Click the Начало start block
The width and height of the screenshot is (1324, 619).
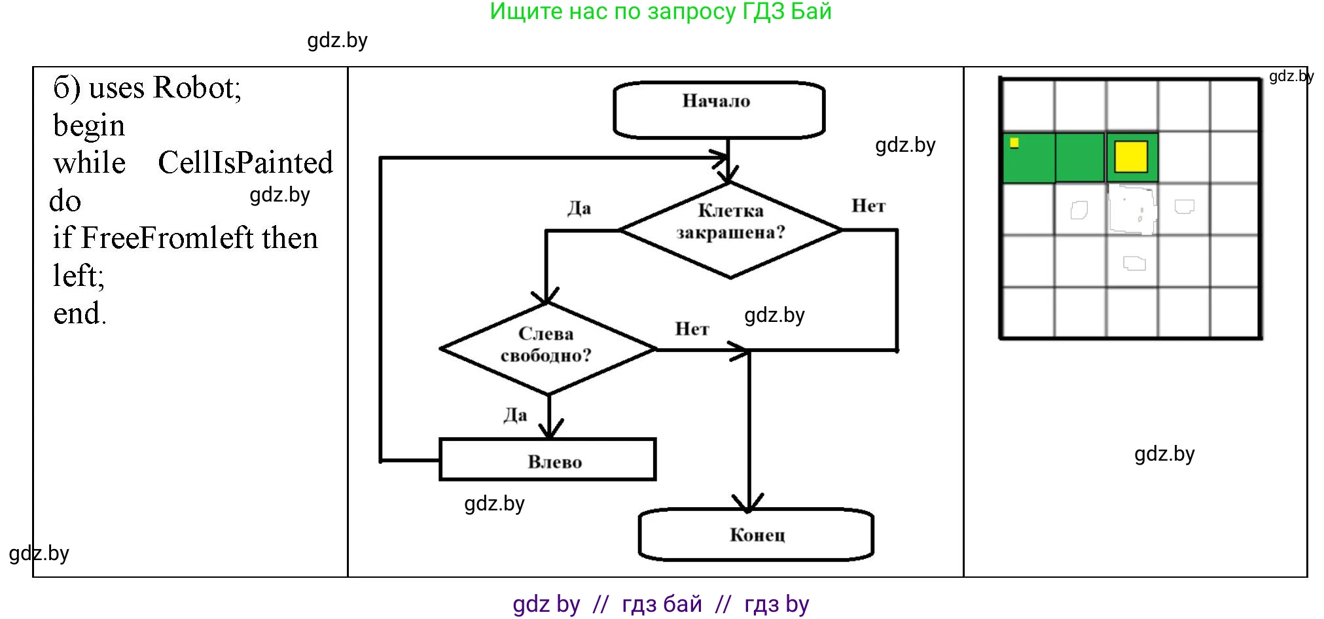tap(718, 109)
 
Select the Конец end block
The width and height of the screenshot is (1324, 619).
tap(756, 535)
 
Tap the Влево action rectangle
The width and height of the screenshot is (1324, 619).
tap(548, 460)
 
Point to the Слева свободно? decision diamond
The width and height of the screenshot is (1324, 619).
tap(548, 349)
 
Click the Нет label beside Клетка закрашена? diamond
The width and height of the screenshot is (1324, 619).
tap(868, 206)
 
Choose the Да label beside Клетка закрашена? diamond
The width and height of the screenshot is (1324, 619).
tap(579, 208)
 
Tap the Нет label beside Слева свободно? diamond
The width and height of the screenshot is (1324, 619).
tap(691, 328)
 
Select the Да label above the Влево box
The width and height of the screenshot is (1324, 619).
tap(515, 415)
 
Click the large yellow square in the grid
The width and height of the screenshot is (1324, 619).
tap(1131, 157)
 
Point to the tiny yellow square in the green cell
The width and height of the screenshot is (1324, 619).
tap(1014, 143)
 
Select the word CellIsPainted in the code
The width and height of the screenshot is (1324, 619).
tap(245, 162)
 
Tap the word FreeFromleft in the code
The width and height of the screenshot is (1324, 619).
tap(167, 238)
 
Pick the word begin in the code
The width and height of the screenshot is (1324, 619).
tap(88, 126)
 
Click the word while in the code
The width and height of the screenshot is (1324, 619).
tap(89, 163)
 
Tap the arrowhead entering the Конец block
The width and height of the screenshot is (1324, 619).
tap(748, 504)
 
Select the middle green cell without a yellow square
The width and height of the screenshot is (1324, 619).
tap(1080, 157)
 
